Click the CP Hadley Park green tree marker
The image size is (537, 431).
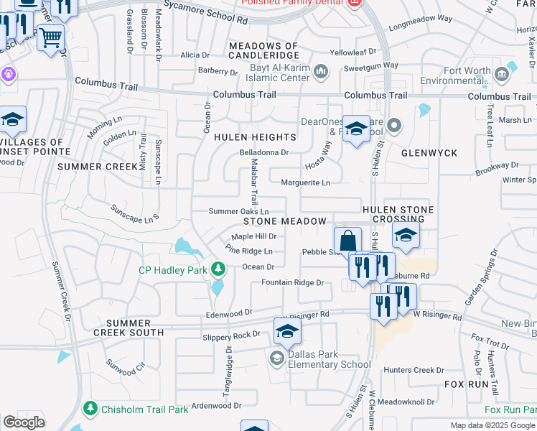pos(219,270)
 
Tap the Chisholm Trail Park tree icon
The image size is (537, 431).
pos(90,409)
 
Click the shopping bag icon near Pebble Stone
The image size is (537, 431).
pos(347,240)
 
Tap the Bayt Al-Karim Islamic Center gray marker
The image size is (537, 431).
pos(321,70)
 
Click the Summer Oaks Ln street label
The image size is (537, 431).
pos(238,211)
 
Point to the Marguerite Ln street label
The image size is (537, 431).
pos(305,183)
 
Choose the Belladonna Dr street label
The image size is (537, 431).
pos(263,152)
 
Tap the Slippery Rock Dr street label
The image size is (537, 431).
pos(231,335)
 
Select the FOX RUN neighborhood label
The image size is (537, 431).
pos(467,385)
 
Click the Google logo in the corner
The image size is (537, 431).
pos(24,422)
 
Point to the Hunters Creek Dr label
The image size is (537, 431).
pos(414,370)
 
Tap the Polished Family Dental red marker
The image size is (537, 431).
pos(354,3)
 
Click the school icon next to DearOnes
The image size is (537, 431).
pos(355,129)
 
